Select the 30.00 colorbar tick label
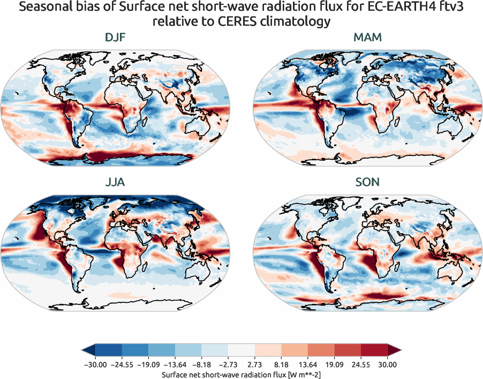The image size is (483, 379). coord(387,365)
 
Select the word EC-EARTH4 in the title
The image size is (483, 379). coord(390,8)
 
